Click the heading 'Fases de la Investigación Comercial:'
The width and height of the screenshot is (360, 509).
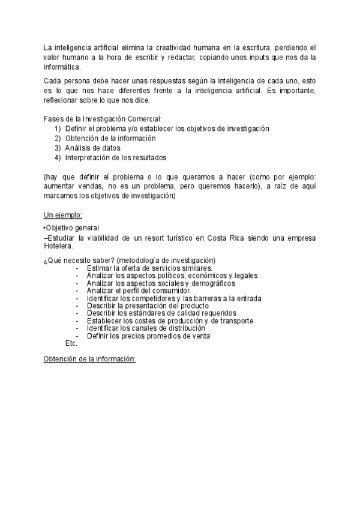103,119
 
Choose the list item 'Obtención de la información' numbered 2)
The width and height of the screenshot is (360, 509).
110,138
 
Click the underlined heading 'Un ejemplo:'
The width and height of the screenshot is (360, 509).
63,215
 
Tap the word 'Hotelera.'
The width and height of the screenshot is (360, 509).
59,246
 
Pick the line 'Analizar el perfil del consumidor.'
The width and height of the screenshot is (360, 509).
139,291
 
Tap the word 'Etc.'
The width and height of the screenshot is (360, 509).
71,343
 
